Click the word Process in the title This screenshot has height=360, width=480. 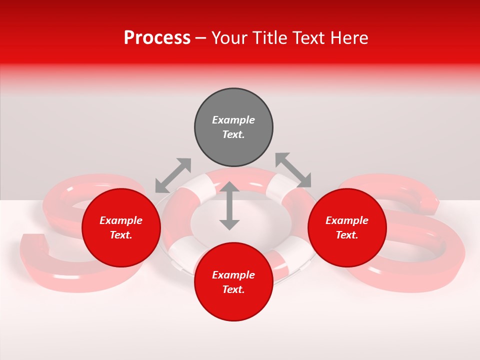pos(157,38)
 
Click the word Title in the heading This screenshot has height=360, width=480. pos(269,38)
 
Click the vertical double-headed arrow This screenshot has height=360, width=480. pos(229,206)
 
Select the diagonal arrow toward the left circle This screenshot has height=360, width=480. pos(173,175)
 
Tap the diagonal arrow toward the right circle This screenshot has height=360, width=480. pos(293,170)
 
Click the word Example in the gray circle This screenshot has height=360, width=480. pos(233,120)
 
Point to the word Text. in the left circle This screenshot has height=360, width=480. pos(121,235)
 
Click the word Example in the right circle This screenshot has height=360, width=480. pos(347,220)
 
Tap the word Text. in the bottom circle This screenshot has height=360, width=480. pos(233,289)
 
